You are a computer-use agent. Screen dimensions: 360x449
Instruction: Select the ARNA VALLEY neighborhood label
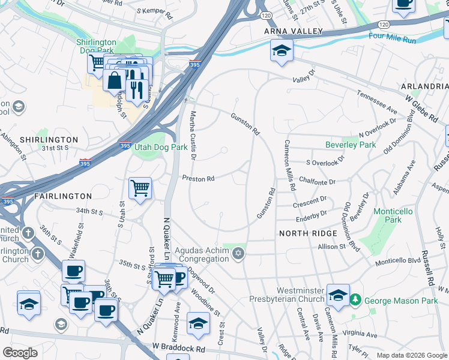coord(294,31)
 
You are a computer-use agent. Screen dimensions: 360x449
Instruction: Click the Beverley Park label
coord(350,145)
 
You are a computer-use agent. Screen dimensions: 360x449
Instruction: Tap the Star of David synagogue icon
coord(239,254)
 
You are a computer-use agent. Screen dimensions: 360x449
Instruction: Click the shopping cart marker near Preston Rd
coord(140,188)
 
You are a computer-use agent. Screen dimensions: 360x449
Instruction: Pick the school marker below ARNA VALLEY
coord(280,51)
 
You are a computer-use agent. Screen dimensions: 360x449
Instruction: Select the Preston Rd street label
coord(199,179)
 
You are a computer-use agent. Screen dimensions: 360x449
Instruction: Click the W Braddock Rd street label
coord(179,347)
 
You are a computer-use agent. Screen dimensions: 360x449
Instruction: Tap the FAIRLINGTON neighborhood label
coord(62,196)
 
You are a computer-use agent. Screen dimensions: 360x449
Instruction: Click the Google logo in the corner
coord(20,353)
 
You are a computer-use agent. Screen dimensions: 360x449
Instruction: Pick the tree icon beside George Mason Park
coord(355,299)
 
